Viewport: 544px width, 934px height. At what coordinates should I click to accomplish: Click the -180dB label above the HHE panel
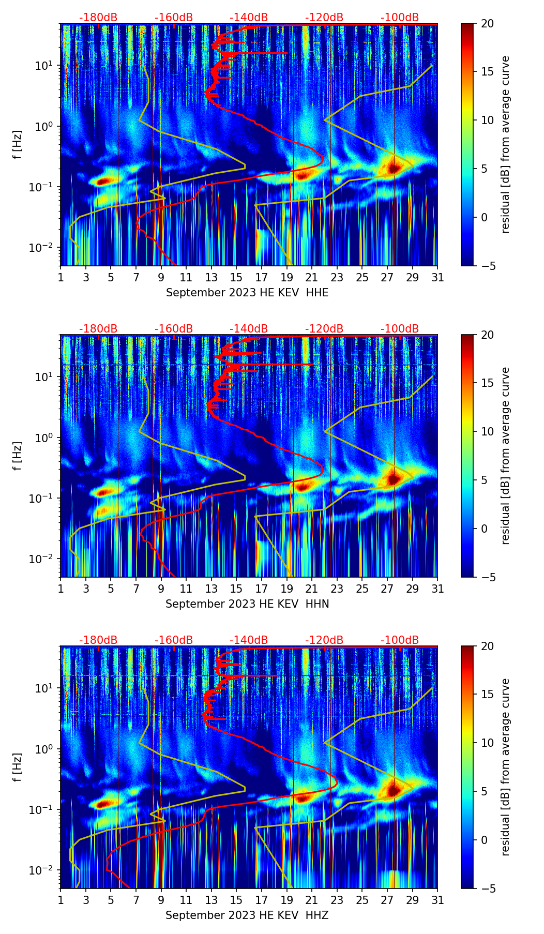coord(98,18)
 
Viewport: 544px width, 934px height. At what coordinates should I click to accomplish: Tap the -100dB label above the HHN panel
coord(400,329)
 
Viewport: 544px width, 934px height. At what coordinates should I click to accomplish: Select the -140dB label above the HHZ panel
coord(249,640)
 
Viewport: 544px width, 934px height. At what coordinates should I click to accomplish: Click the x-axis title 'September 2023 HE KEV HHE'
coord(247,293)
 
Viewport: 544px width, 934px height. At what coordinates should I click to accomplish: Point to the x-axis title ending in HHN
coord(247,604)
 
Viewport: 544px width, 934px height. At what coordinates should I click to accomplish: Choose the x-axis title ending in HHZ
coord(247,915)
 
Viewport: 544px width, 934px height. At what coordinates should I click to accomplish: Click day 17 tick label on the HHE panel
coord(261,278)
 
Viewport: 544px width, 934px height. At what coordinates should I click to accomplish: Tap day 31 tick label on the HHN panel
coord(437,589)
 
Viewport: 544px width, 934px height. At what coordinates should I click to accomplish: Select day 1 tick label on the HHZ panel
coord(61,900)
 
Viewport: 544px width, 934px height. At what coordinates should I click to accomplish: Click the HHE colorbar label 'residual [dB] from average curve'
coord(506,145)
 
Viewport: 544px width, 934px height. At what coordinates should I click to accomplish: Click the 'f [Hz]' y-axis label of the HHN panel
coord(18,456)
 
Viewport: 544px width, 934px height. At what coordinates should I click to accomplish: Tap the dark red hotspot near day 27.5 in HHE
coord(394,168)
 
